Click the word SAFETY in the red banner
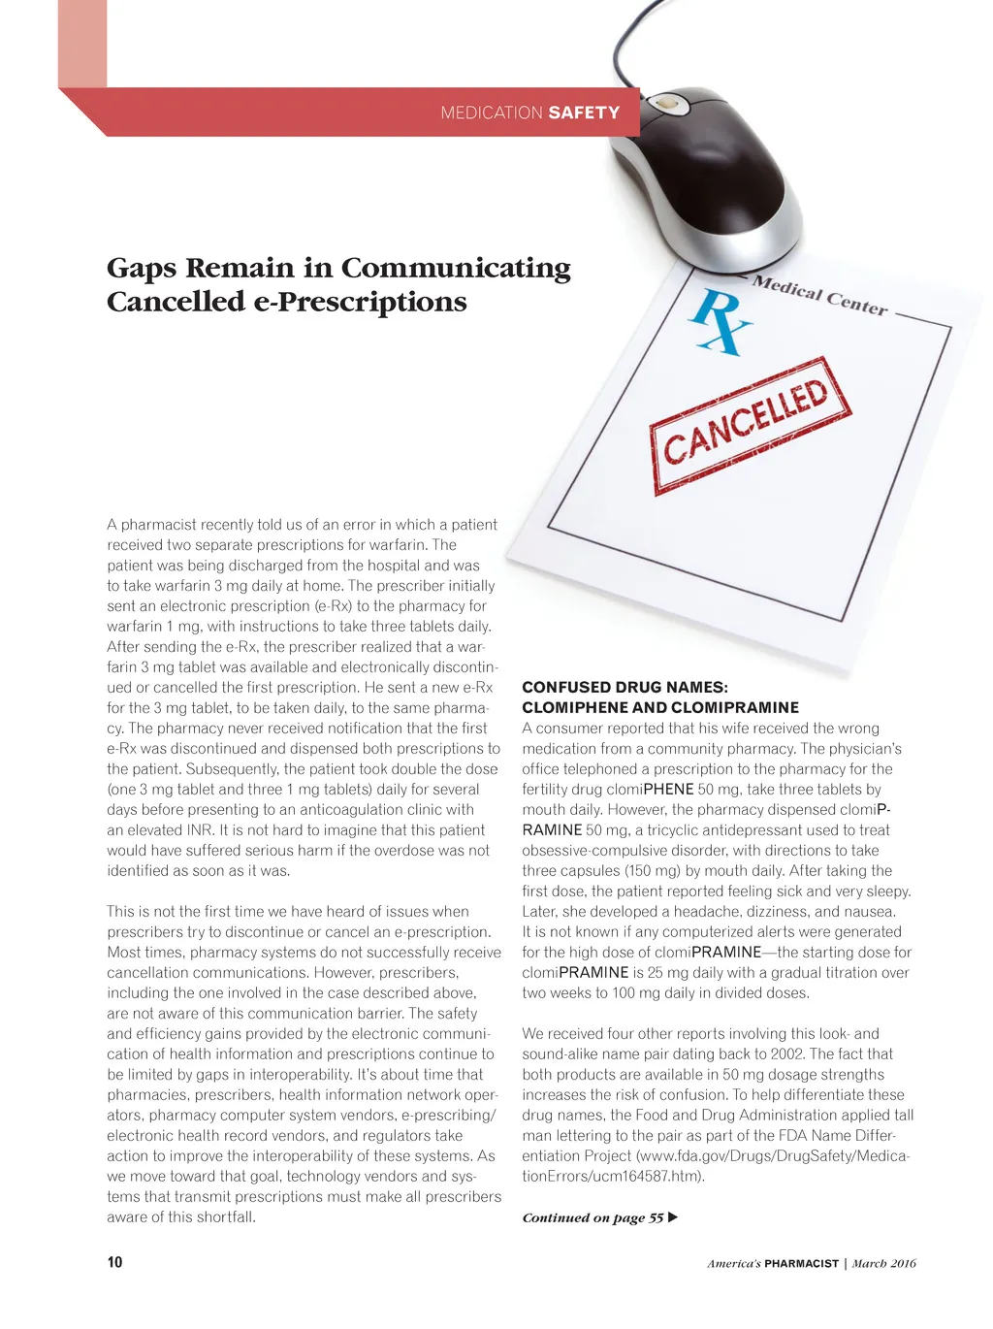pyautogui.click(x=584, y=113)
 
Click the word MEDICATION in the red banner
pyautogui.click(x=491, y=113)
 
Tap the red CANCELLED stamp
pyautogui.click(x=749, y=424)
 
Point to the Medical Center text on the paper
pyautogui.click(x=820, y=295)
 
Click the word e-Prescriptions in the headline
pyautogui.click(x=360, y=302)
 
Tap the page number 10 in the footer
pyautogui.click(x=114, y=1262)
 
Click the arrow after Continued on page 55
pyautogui.click(x=674, y=1217)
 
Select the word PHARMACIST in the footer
pyautogui.click(x=801, y=1263)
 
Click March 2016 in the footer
pyautogui.click(x=883, y=1263)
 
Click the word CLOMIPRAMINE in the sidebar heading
pyautogui.click(x=734, y=707)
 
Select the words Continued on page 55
pyautogui.click(x=593, y=1217)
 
